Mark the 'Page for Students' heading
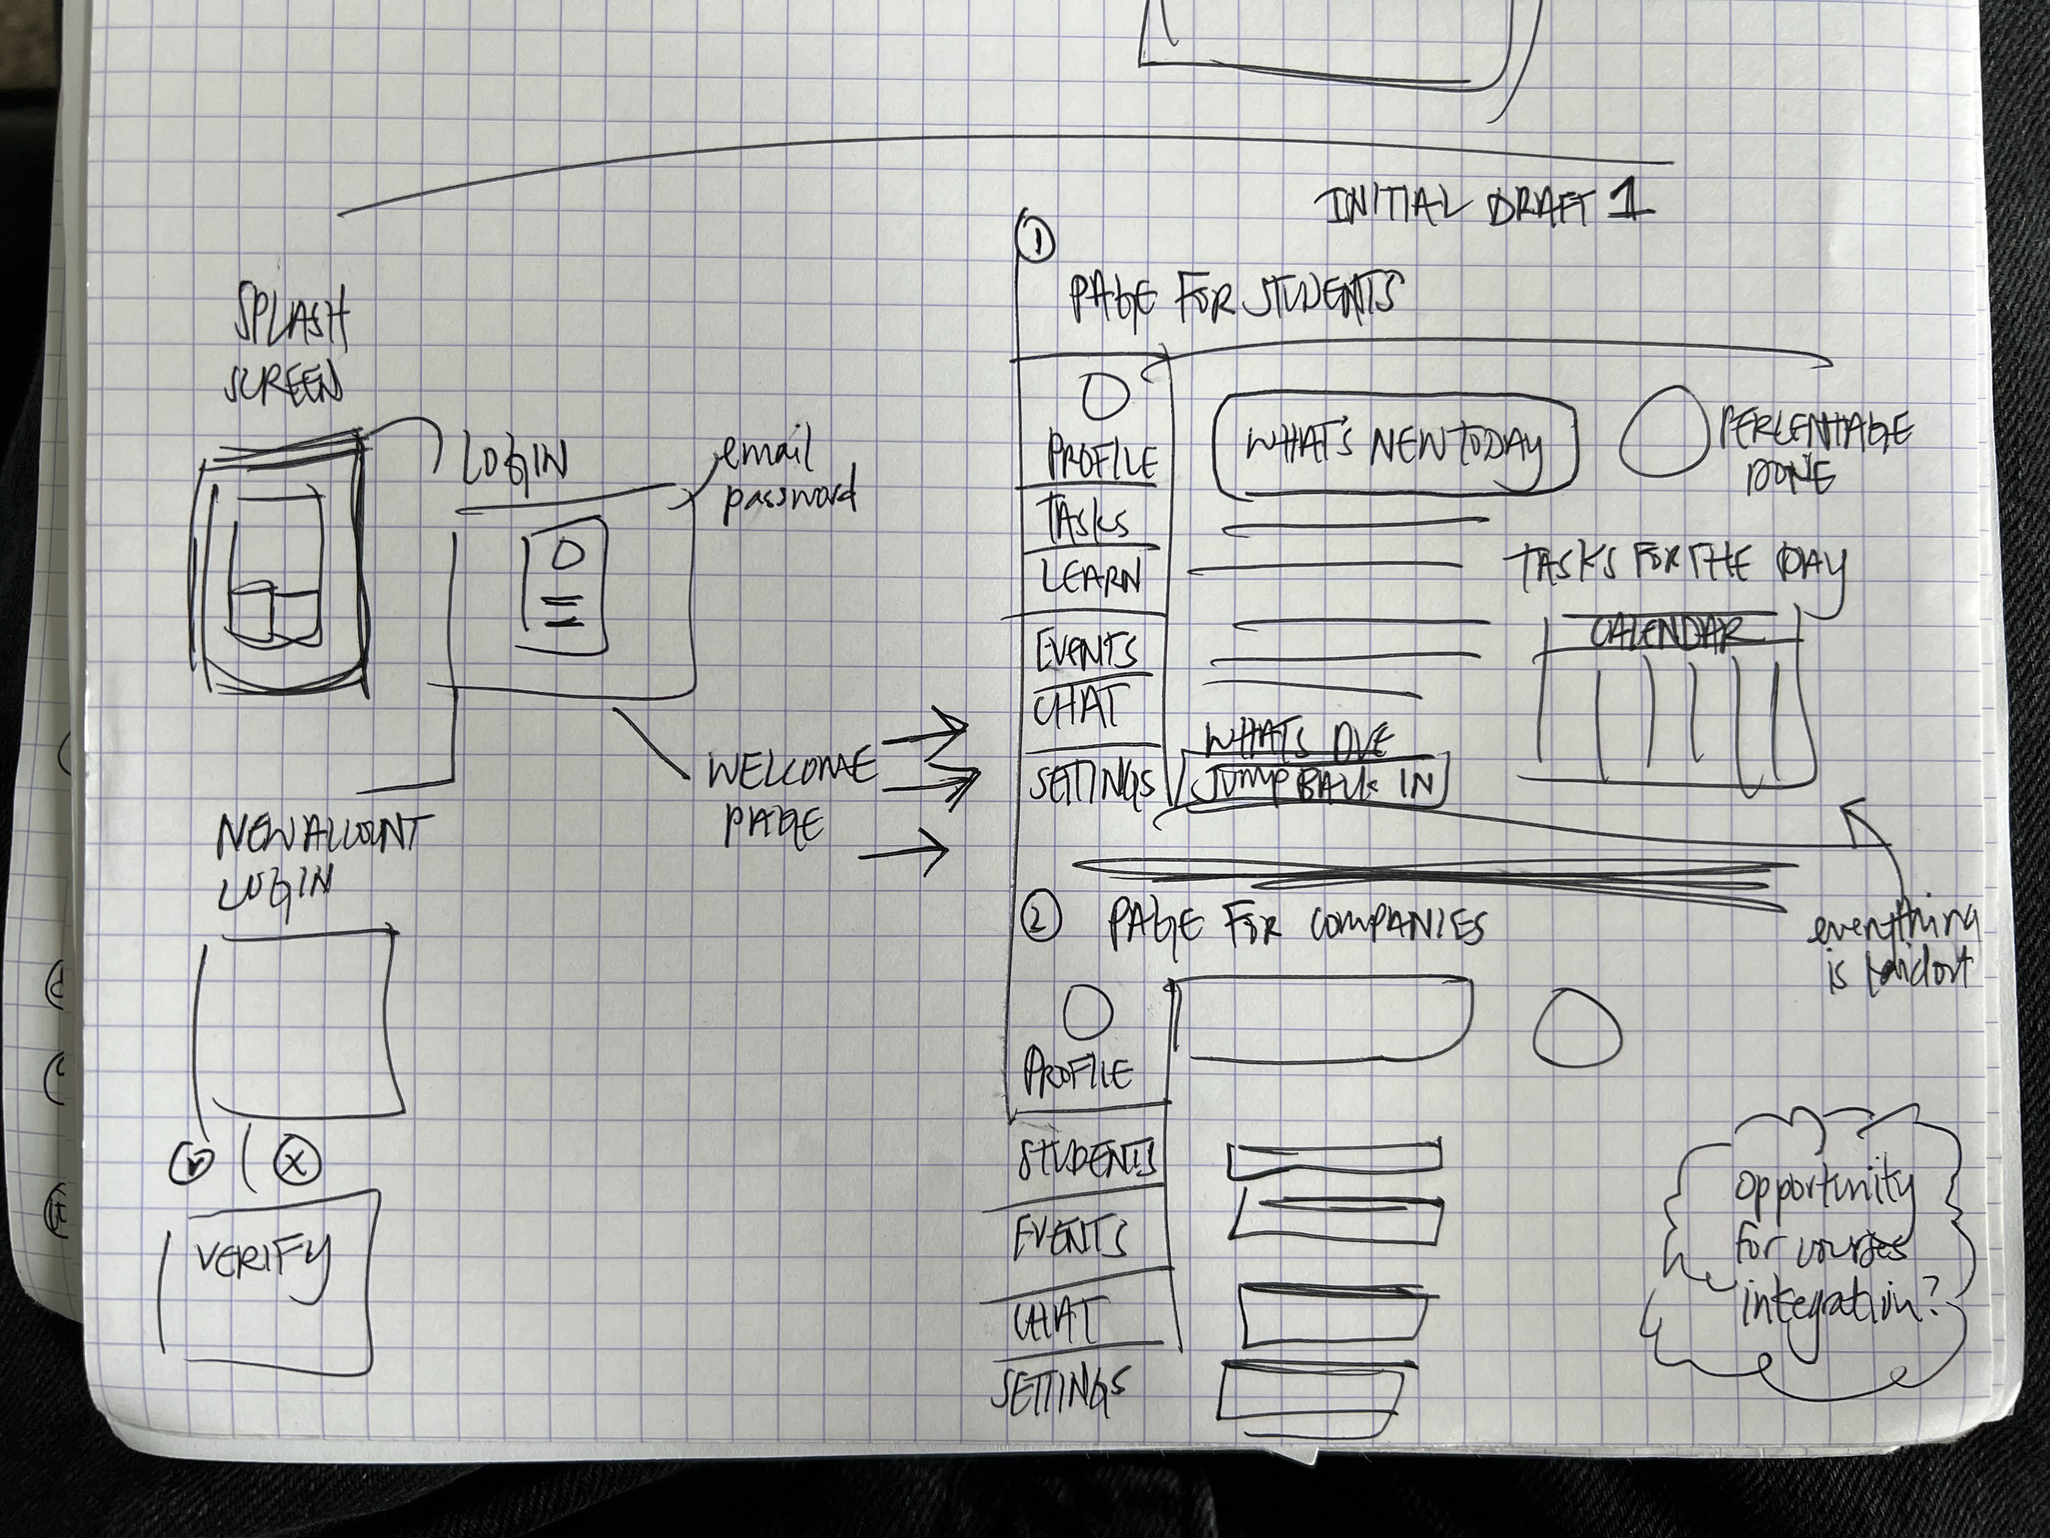pyautogui.click(x=1233, y=297)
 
